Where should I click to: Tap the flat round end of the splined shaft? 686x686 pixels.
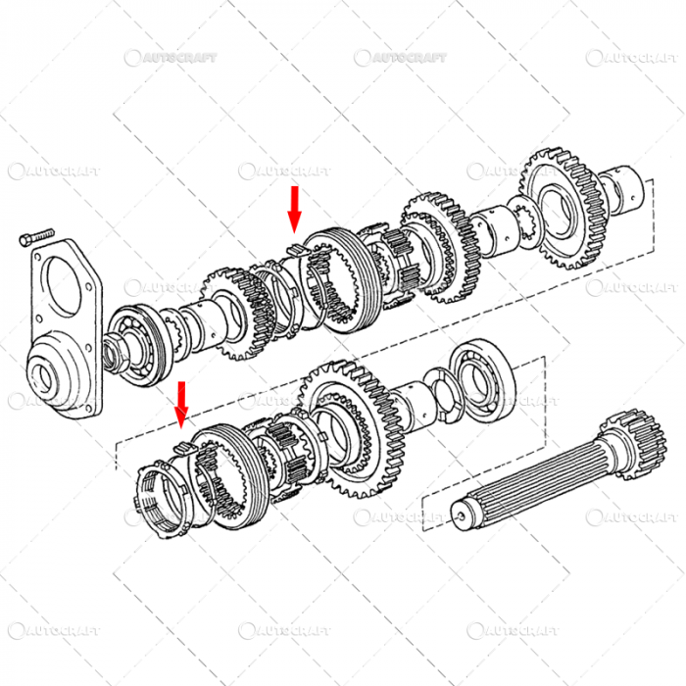(x=463, y=511)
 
